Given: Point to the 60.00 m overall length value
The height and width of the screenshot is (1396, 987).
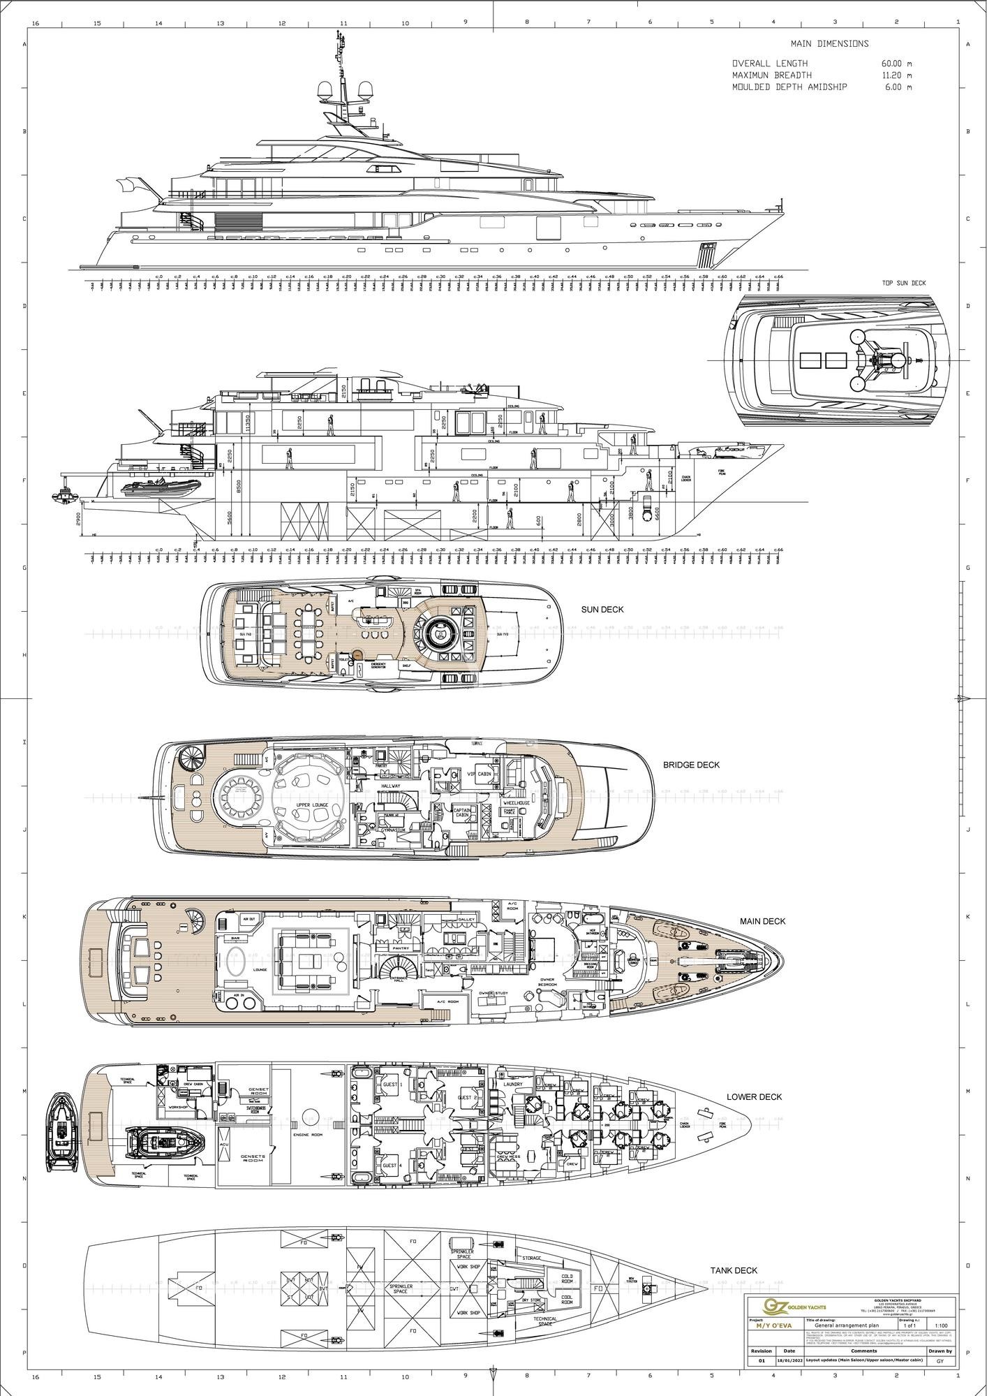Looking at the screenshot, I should (x=896, y=63).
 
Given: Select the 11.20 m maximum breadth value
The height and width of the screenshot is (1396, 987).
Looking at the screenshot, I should (x=896, y=75).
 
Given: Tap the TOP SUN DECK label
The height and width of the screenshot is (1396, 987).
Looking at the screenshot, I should (x=904, y=283).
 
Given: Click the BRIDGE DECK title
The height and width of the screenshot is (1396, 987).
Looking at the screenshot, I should (x=691, y=765).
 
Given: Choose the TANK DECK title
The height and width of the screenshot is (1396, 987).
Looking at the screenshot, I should (x=734, y=1270).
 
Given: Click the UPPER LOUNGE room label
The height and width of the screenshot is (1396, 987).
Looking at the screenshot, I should (x=312, y=805).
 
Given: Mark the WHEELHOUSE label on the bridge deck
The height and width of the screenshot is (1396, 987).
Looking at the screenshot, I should (x=518, y=803).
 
